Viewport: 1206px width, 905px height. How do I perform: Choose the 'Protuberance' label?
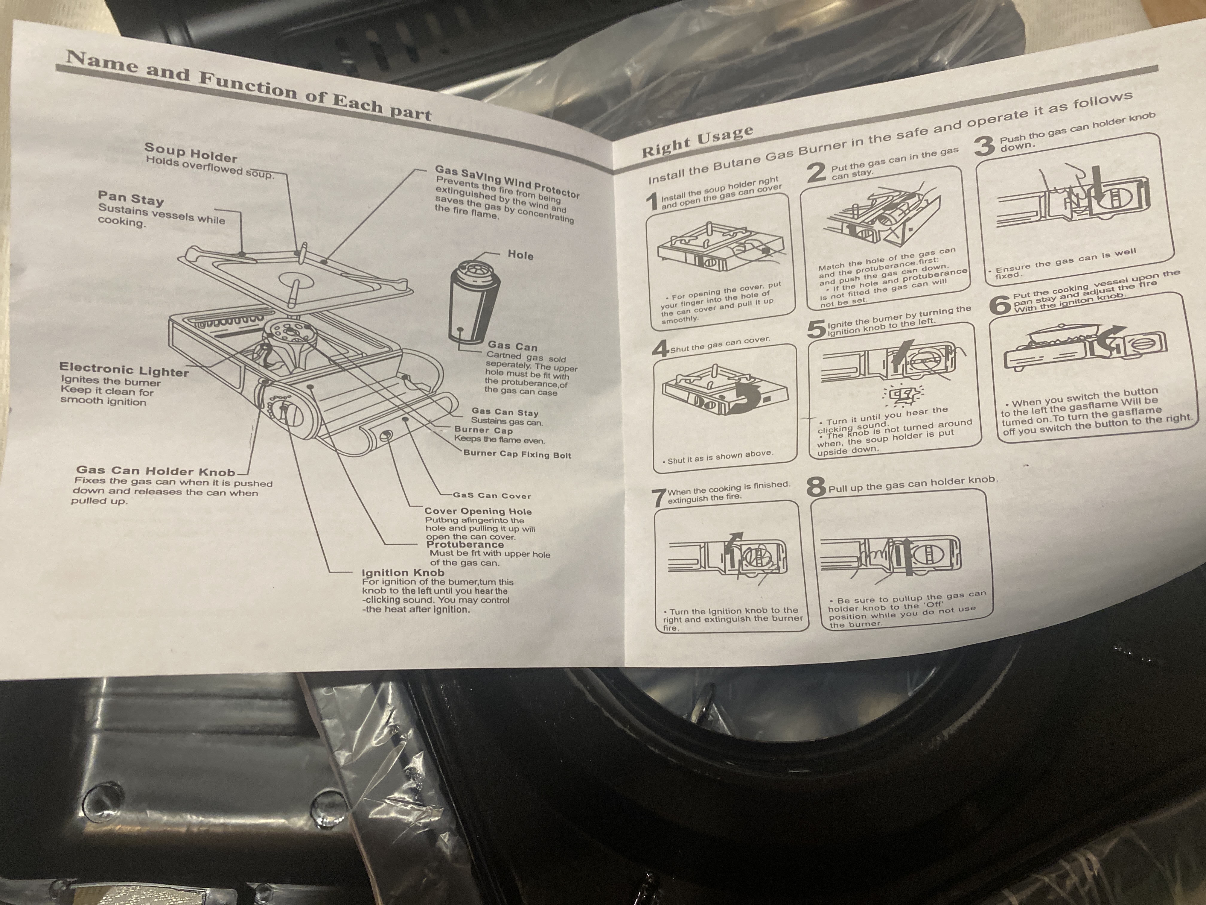coord(465,544)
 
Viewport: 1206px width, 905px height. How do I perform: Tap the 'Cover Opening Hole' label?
coord(478,511)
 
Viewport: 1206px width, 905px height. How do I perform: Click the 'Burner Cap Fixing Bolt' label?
coord(517,454)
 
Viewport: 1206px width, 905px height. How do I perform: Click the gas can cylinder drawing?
coord(473,306)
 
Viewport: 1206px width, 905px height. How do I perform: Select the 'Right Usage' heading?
coord(697,142)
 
